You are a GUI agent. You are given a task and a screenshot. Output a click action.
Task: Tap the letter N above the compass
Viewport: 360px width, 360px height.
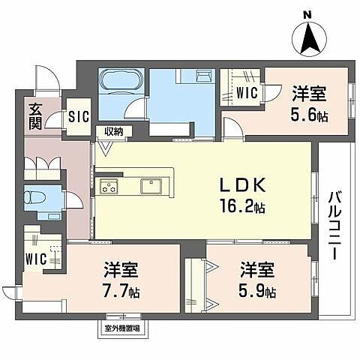307,14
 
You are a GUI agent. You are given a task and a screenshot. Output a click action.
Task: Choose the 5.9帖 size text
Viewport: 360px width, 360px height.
256,289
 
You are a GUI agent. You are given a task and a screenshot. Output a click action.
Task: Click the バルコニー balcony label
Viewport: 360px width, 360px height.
332,225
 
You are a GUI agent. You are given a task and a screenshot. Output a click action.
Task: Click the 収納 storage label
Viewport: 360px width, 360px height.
114,131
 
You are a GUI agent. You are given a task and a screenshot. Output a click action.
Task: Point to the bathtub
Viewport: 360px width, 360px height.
120,81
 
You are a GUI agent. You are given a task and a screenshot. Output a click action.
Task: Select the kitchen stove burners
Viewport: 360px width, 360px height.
109,186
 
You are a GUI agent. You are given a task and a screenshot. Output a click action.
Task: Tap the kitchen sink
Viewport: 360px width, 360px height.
149,185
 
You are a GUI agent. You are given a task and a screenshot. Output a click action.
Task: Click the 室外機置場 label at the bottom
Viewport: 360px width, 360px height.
123,326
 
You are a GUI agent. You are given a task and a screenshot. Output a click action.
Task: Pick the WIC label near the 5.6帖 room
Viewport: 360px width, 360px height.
246,93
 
